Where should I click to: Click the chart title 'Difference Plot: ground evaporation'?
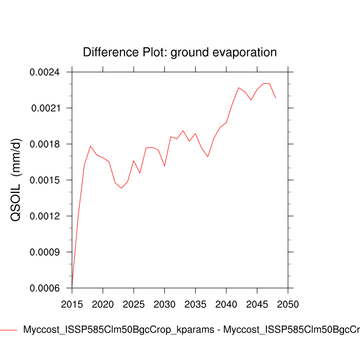pyautogui.click(x=179, y=52)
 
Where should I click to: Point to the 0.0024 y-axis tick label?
pyautogui.click(x=45, y=72)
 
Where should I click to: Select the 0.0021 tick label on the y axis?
pyautogui.click(x=45, y=108)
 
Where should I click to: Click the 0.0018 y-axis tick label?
pyautogui.click(x=45, y=144)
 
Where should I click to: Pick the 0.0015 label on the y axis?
pyautogui.click(x=45, y=180)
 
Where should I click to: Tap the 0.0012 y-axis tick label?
pyautogui.click(x=45, y=216)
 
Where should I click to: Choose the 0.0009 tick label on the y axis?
pyautogui.click(x=45, y=252)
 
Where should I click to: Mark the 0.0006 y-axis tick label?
pyautogui.click(x=45, y=288)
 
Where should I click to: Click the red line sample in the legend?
pyautogui.click(x=9, y=330)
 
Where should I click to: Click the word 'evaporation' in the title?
pyautogui.click(x=244, y=52)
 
